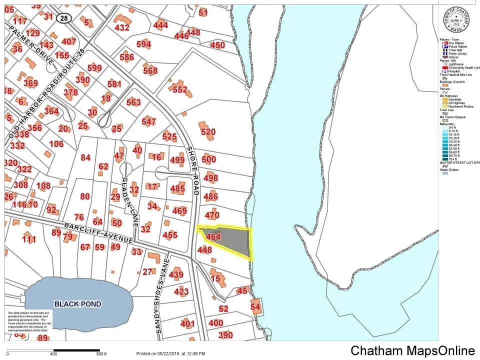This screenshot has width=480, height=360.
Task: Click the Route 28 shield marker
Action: pos(63,18)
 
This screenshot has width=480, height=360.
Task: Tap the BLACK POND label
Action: pos(77,304)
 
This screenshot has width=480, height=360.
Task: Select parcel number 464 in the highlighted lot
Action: pos(213,237)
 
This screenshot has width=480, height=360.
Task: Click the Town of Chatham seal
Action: pos(456,21)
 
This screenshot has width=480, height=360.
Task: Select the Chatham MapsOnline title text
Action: pos(412,351)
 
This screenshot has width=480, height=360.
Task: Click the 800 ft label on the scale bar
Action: pos(101,354)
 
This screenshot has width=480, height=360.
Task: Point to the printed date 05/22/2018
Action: pos(169,354)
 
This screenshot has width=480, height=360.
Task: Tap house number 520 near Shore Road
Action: pos(208,132)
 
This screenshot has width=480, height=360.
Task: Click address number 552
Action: pos(180,90)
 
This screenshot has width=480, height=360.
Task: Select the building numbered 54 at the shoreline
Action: pos(255,307)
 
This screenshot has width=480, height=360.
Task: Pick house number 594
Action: pos(143,44)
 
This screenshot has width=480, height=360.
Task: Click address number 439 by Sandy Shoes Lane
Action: pos(176,274)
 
